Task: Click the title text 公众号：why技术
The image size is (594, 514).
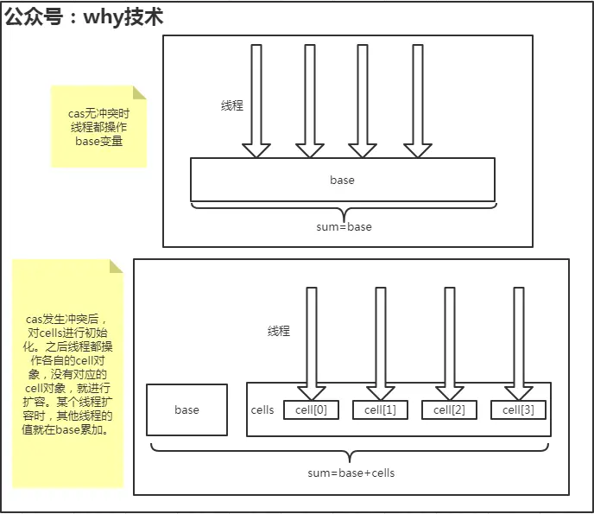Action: click(84, 16)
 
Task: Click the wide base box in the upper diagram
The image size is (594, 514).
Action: click(342, 180)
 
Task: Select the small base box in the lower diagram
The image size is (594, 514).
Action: click(186, 409)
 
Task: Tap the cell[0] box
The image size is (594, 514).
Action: click(312, 409)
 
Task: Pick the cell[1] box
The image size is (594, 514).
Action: click(380, 409)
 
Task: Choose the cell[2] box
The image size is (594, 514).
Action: click(449, 409)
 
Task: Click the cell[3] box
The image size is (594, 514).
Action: click(518, 409)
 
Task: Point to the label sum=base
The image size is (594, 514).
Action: click(344, 226)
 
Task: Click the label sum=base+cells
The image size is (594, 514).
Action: click(351, 473)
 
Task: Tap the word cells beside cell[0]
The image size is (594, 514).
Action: click(262, 409)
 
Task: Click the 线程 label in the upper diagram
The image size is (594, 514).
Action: click(232, 105)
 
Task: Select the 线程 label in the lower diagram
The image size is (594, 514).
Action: click(278, 331)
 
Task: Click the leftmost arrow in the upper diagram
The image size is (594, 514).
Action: click(256, 99)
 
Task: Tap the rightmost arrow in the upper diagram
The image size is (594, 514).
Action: click(417, 99)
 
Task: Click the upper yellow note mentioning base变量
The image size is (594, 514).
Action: click(98, 126)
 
